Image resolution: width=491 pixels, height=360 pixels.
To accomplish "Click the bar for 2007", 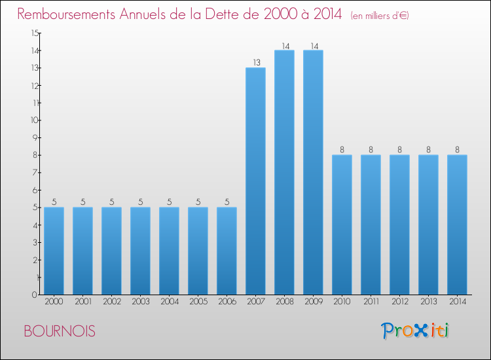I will [x=255, y=181].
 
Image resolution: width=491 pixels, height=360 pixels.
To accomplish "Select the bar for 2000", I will [x=54, y=251].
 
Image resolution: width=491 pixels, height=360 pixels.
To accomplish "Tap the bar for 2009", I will [x=313, y=172].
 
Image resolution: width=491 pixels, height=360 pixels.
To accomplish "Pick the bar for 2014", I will [x=457, y=225].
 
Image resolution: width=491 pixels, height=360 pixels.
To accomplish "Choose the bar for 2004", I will [x=169, y=251].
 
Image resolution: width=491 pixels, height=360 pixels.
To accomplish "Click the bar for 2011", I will [x=371, y=225].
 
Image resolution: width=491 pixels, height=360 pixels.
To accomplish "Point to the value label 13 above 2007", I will [x=255, y=63].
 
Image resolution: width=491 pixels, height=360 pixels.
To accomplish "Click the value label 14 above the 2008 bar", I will [x=284, y=46].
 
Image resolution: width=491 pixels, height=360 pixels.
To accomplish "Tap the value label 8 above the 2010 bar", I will [x=342, y=150].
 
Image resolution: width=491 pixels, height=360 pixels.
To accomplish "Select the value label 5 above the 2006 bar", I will [x=227, y=202].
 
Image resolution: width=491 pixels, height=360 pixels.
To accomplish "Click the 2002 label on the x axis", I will [x=111, y=302].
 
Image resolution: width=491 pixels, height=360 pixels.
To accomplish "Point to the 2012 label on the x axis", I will [x=399, y=302].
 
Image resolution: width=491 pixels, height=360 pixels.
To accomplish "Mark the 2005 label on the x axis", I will [x=198, y=302].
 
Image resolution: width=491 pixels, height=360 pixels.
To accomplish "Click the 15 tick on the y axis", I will [x=34, y=33].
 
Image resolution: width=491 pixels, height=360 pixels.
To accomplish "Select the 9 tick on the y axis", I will [x=36, y=137].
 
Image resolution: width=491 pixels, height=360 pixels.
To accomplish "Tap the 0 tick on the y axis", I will [x=36, y=295].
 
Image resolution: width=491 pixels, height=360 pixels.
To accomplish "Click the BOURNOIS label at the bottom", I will [x=59, y=331].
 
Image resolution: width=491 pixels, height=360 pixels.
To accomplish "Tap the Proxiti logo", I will [x=416, y=331].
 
